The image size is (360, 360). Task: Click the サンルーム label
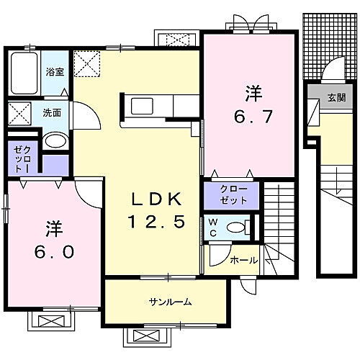click(171, 302)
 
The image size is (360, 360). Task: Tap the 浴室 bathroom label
click(55, 71)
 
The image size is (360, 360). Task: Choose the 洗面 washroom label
click(51, 112)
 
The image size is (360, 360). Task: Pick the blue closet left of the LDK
click(19, 158)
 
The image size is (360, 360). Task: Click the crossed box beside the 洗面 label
click(18, 113)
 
